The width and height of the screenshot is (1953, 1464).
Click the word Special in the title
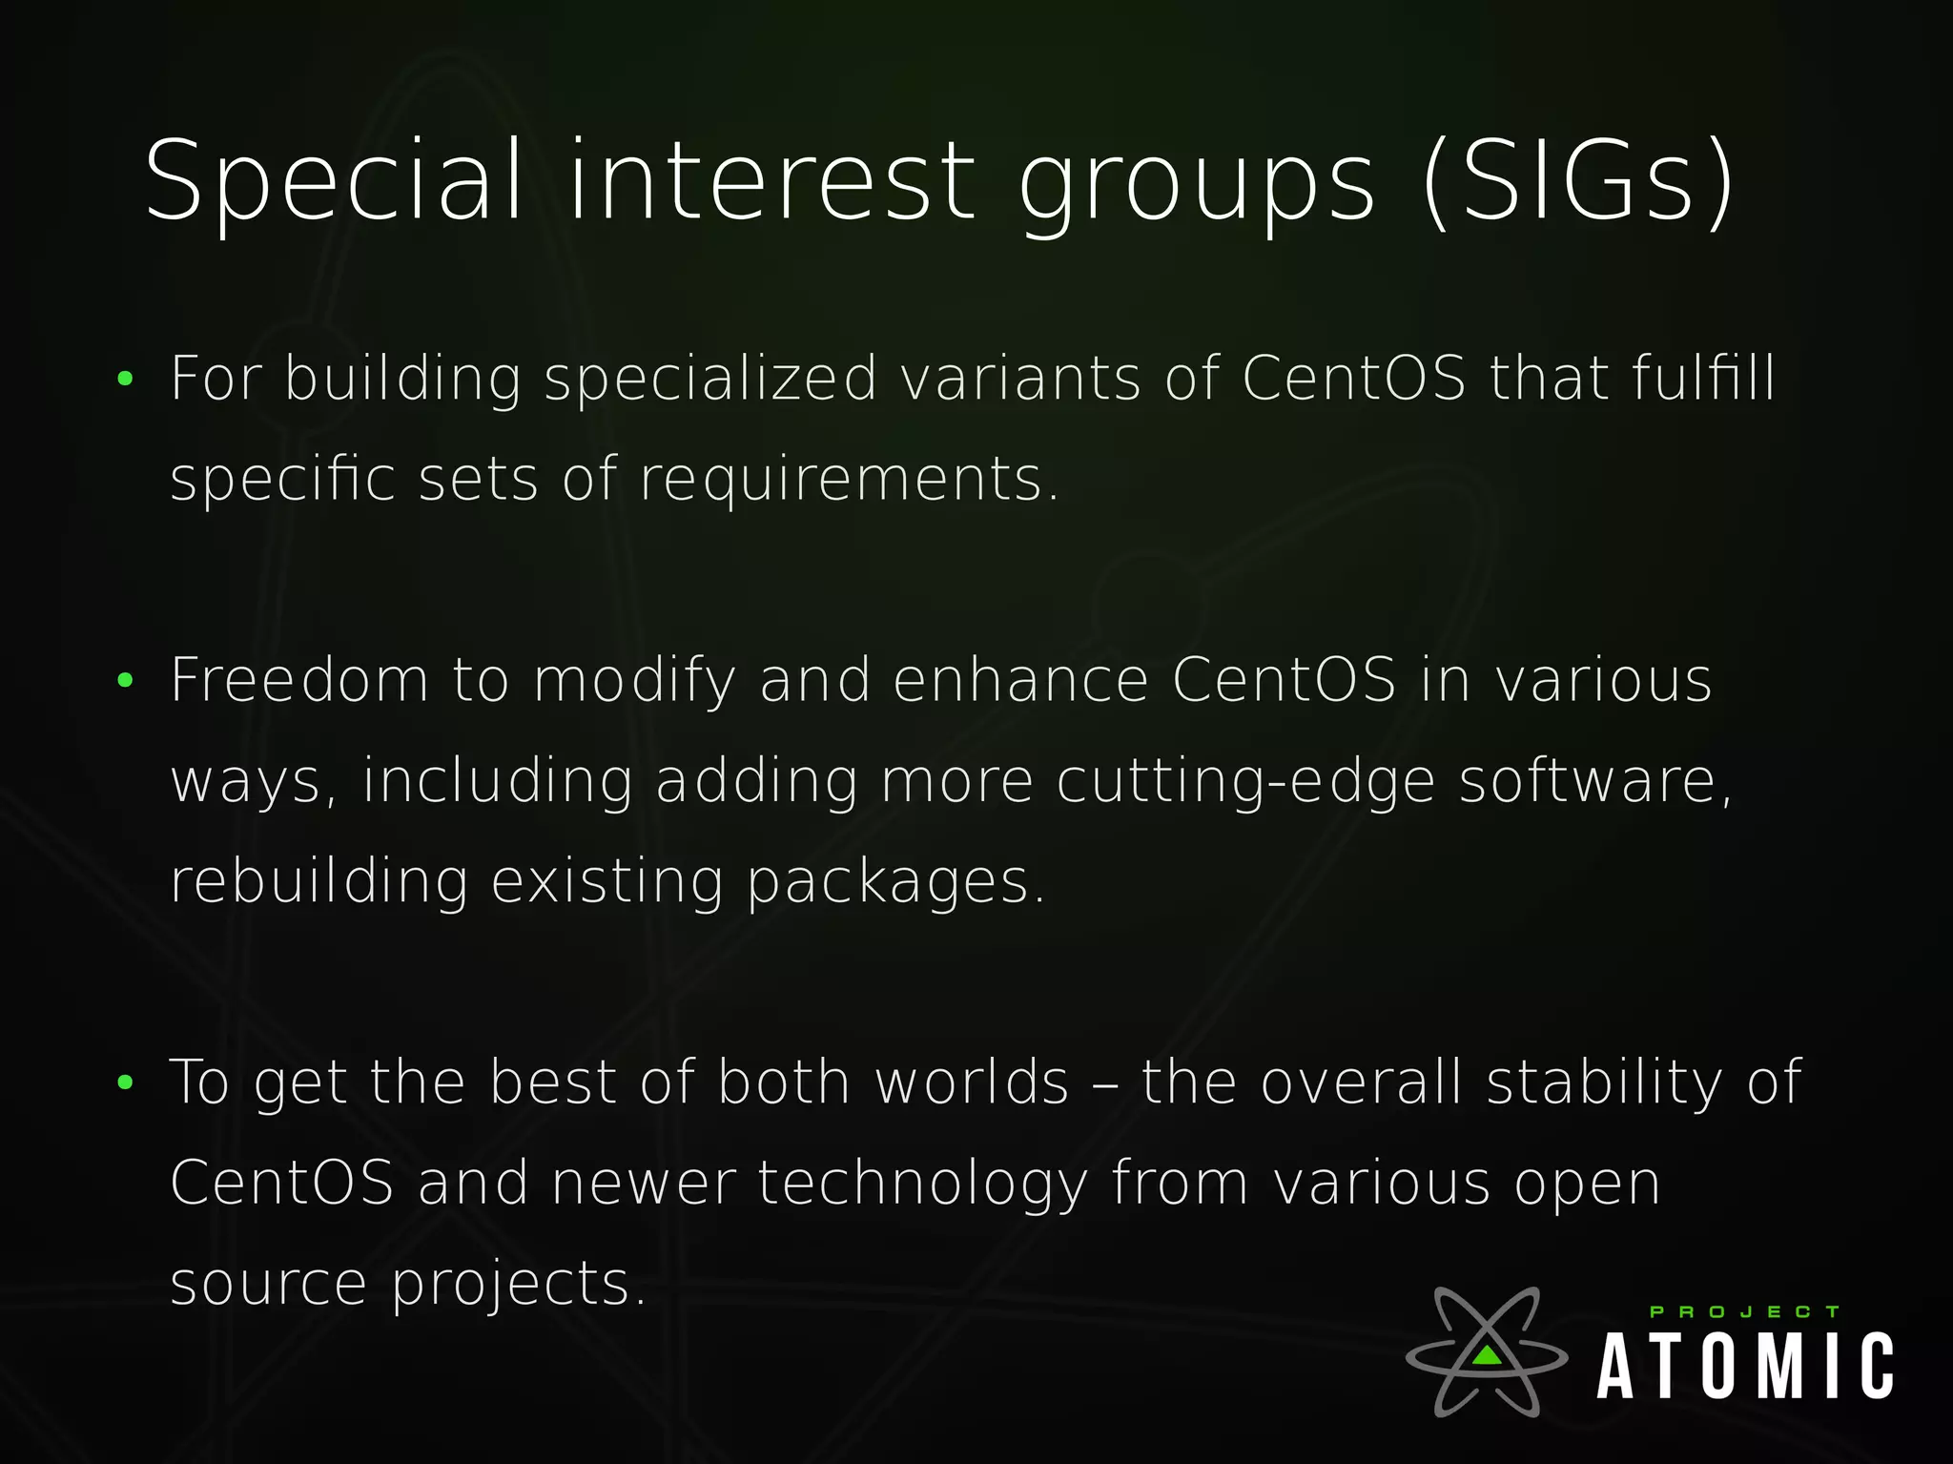click(x=334, y=181)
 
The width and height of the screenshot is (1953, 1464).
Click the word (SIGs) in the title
click(x=1578, y=181)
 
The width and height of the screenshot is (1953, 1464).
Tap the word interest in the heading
click(x=772, y=181)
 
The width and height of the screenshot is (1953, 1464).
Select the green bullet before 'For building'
click(x=125, y=380)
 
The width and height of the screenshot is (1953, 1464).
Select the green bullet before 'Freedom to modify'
click(x=125, y=681)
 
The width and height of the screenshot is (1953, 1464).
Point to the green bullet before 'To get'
click(x=125, y=1083)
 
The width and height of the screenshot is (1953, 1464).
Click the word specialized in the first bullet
click(x=710, y=379)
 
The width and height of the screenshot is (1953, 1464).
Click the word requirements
click(x=849, y=479)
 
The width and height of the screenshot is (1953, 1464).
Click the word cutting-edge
click(x=1245, y=782)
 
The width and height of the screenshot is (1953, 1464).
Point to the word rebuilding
click(x=319, y=881)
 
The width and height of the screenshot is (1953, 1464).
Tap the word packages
click(x=894, y=883)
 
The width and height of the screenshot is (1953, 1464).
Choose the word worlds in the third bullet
click(x=972, y=1083)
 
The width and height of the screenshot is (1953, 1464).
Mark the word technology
click(x=922, y=1185)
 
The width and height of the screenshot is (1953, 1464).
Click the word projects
click(x=519, y=1285)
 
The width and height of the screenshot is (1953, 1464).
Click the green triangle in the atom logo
click(x=1486, y=1354)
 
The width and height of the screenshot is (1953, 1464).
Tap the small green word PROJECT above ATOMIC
click(x=1744, y=1312)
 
